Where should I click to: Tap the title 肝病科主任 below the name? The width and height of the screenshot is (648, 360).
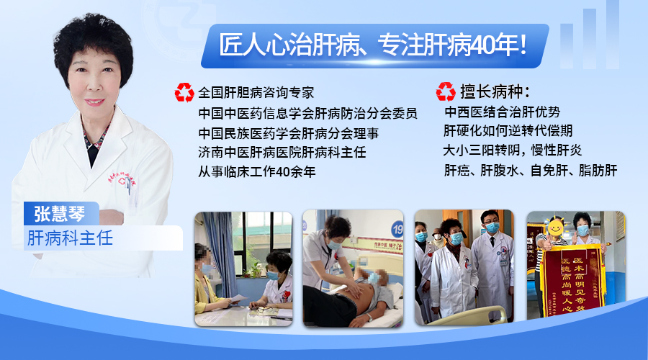click(x=70, y=238)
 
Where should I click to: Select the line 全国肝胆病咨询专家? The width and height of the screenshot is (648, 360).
click(x=256, y=93)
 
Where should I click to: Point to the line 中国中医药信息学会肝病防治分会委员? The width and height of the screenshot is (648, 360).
click(x=307, y=113)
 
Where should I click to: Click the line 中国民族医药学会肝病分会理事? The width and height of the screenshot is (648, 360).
click(x=288, y=133)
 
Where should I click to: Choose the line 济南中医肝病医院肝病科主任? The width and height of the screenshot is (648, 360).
click(x=282, y=153)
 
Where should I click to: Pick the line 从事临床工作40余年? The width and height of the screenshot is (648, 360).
click(x=257, y=172)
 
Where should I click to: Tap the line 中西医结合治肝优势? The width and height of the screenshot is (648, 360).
click(x=502, y=112)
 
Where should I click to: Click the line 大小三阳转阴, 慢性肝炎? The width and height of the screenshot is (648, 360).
click(x=513, y=151)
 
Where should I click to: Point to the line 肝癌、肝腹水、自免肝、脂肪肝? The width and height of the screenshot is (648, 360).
click(x=531, y=171)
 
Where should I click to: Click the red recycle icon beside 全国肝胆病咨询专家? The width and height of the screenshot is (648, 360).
click(x=184, y=92)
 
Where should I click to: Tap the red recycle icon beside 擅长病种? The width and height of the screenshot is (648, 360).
click(x=445, y=92)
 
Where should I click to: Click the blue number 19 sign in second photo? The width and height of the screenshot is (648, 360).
click(x=397, y=229)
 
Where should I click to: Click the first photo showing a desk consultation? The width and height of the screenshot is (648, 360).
click(x=243, y=269)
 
